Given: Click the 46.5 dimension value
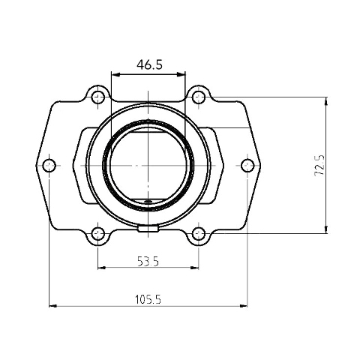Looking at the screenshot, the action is click(x=149, y=65).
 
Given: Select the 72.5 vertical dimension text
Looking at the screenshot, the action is click(x=319, y=165).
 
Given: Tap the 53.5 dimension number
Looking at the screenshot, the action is click(x=148, y=262).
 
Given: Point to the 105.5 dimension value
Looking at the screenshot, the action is click(x=148, y=299).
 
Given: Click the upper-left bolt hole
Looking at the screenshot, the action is click(x=98, y=97).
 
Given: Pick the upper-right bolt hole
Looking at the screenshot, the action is click(x=199, y=97).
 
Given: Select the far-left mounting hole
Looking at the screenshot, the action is click(x=49, y=166).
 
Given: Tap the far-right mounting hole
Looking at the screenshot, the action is click(x=247, y=166).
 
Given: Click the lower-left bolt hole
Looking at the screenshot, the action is click(x=98, y=234).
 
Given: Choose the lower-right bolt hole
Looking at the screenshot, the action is click(x=199, y=234).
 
